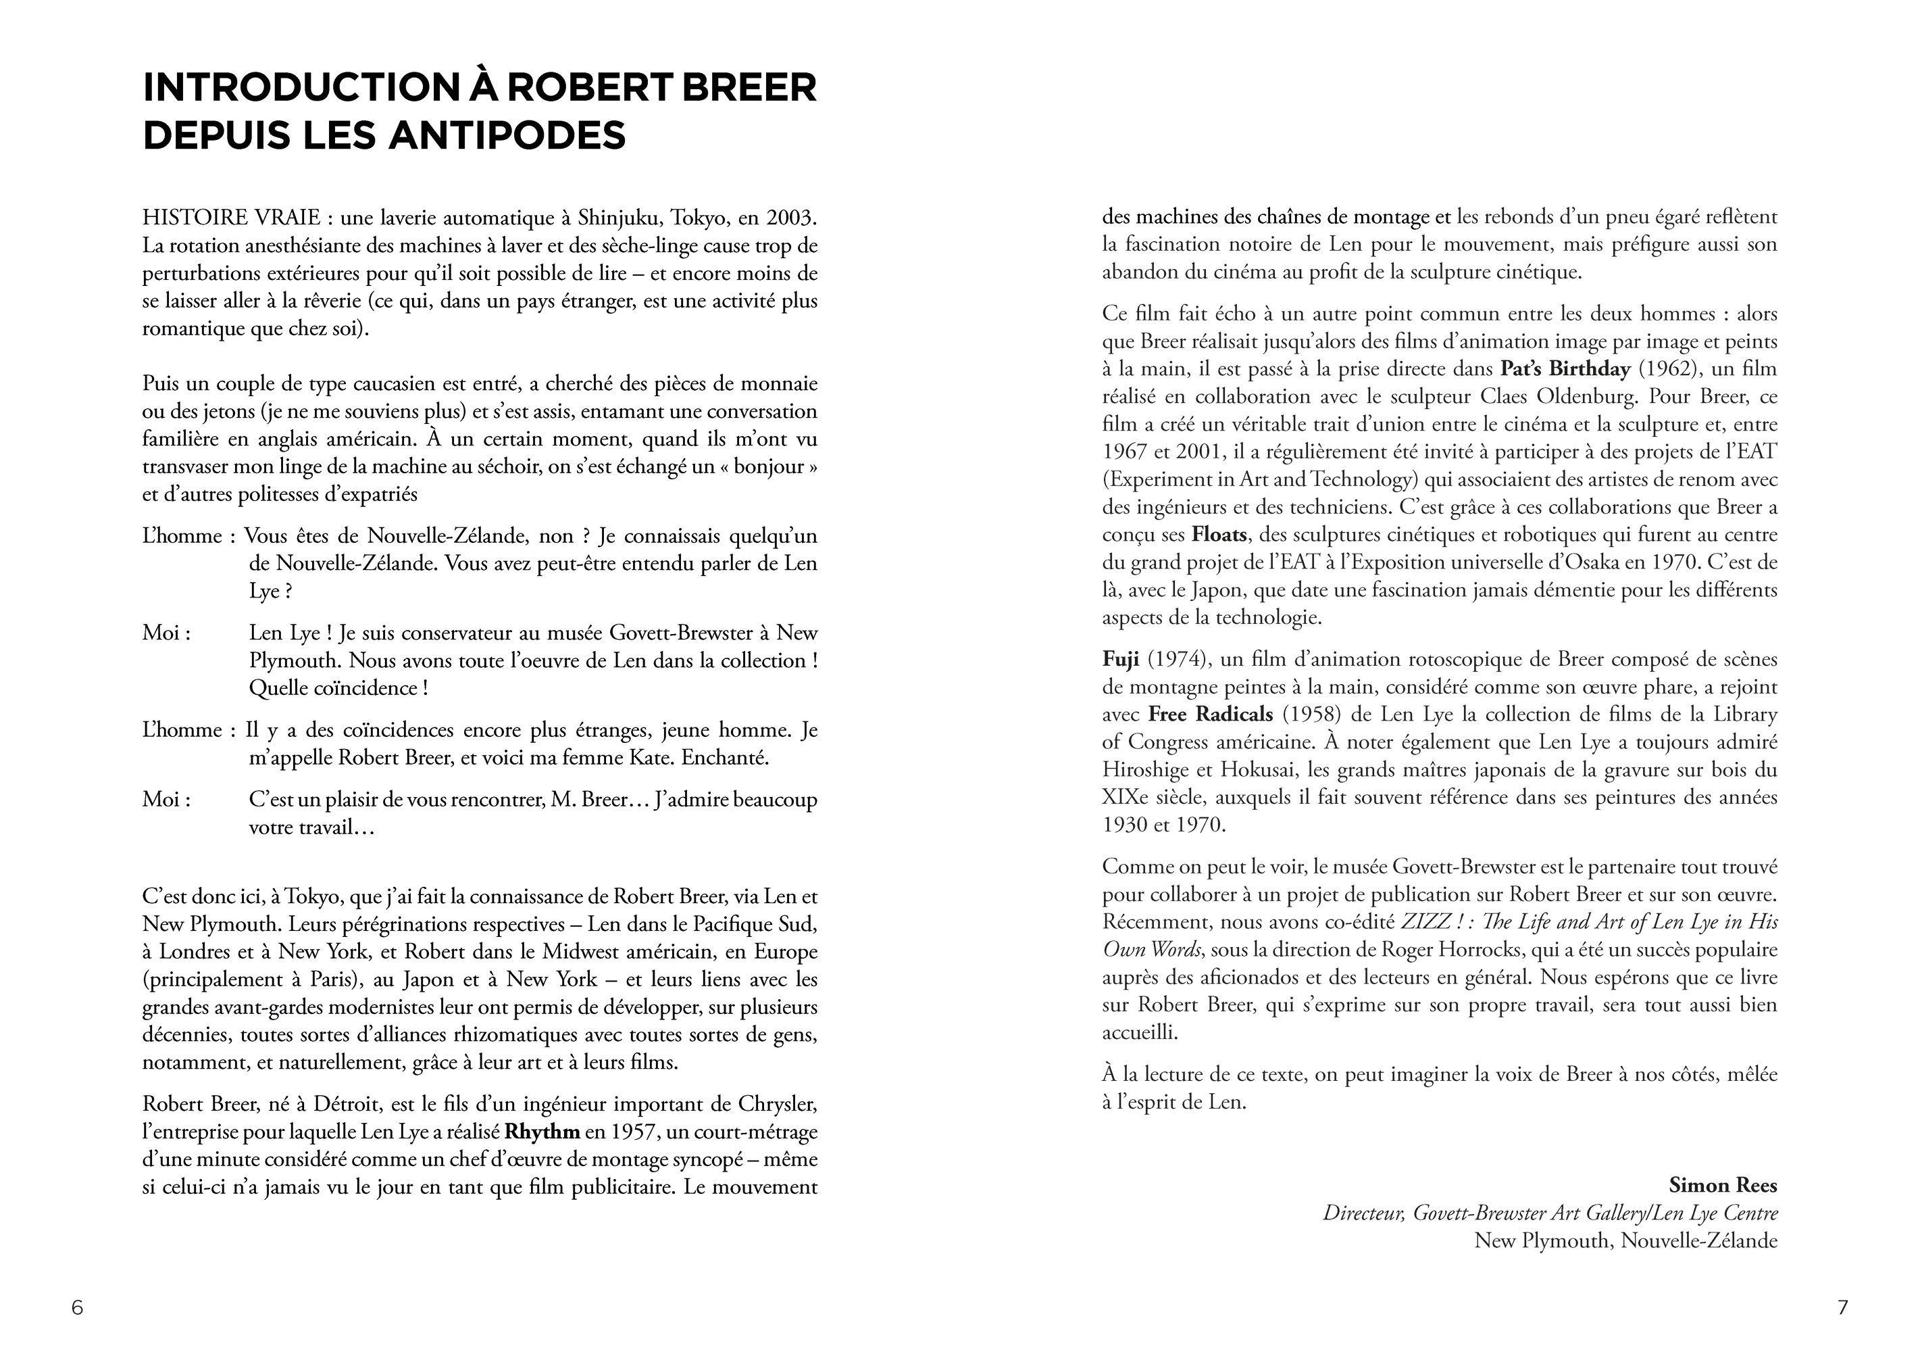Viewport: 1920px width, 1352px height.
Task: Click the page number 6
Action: coord(78,1307)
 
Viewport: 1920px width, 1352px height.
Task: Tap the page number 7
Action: coord(1843,1307)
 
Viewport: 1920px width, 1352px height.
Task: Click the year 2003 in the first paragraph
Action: coord(789,218)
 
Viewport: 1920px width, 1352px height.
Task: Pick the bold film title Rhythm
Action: coord(542,1132)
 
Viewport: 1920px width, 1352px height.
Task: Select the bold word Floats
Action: coord(1220,535)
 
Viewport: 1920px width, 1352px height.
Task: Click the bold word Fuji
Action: coord(1121,659)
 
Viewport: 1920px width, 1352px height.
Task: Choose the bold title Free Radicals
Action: coord(1211,715)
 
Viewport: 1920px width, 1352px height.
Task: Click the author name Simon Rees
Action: coord(1723,1186)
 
